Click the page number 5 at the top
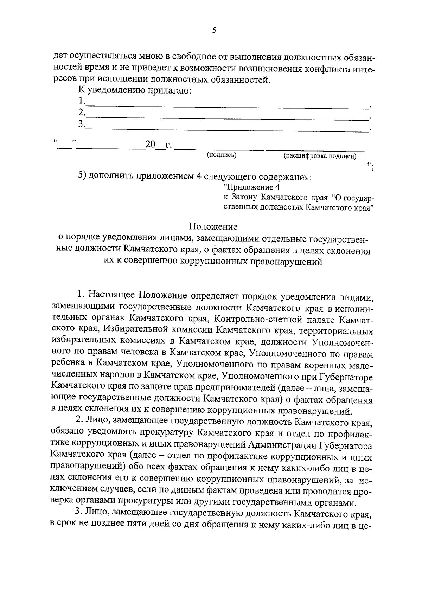(x=214, y=31)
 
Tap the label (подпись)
(x=222, y=155)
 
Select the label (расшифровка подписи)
(x=320, y=156)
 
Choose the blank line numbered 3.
(x=227, y=129)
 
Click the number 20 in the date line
(x=150, y=145)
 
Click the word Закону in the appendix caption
(x=243, y=198)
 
